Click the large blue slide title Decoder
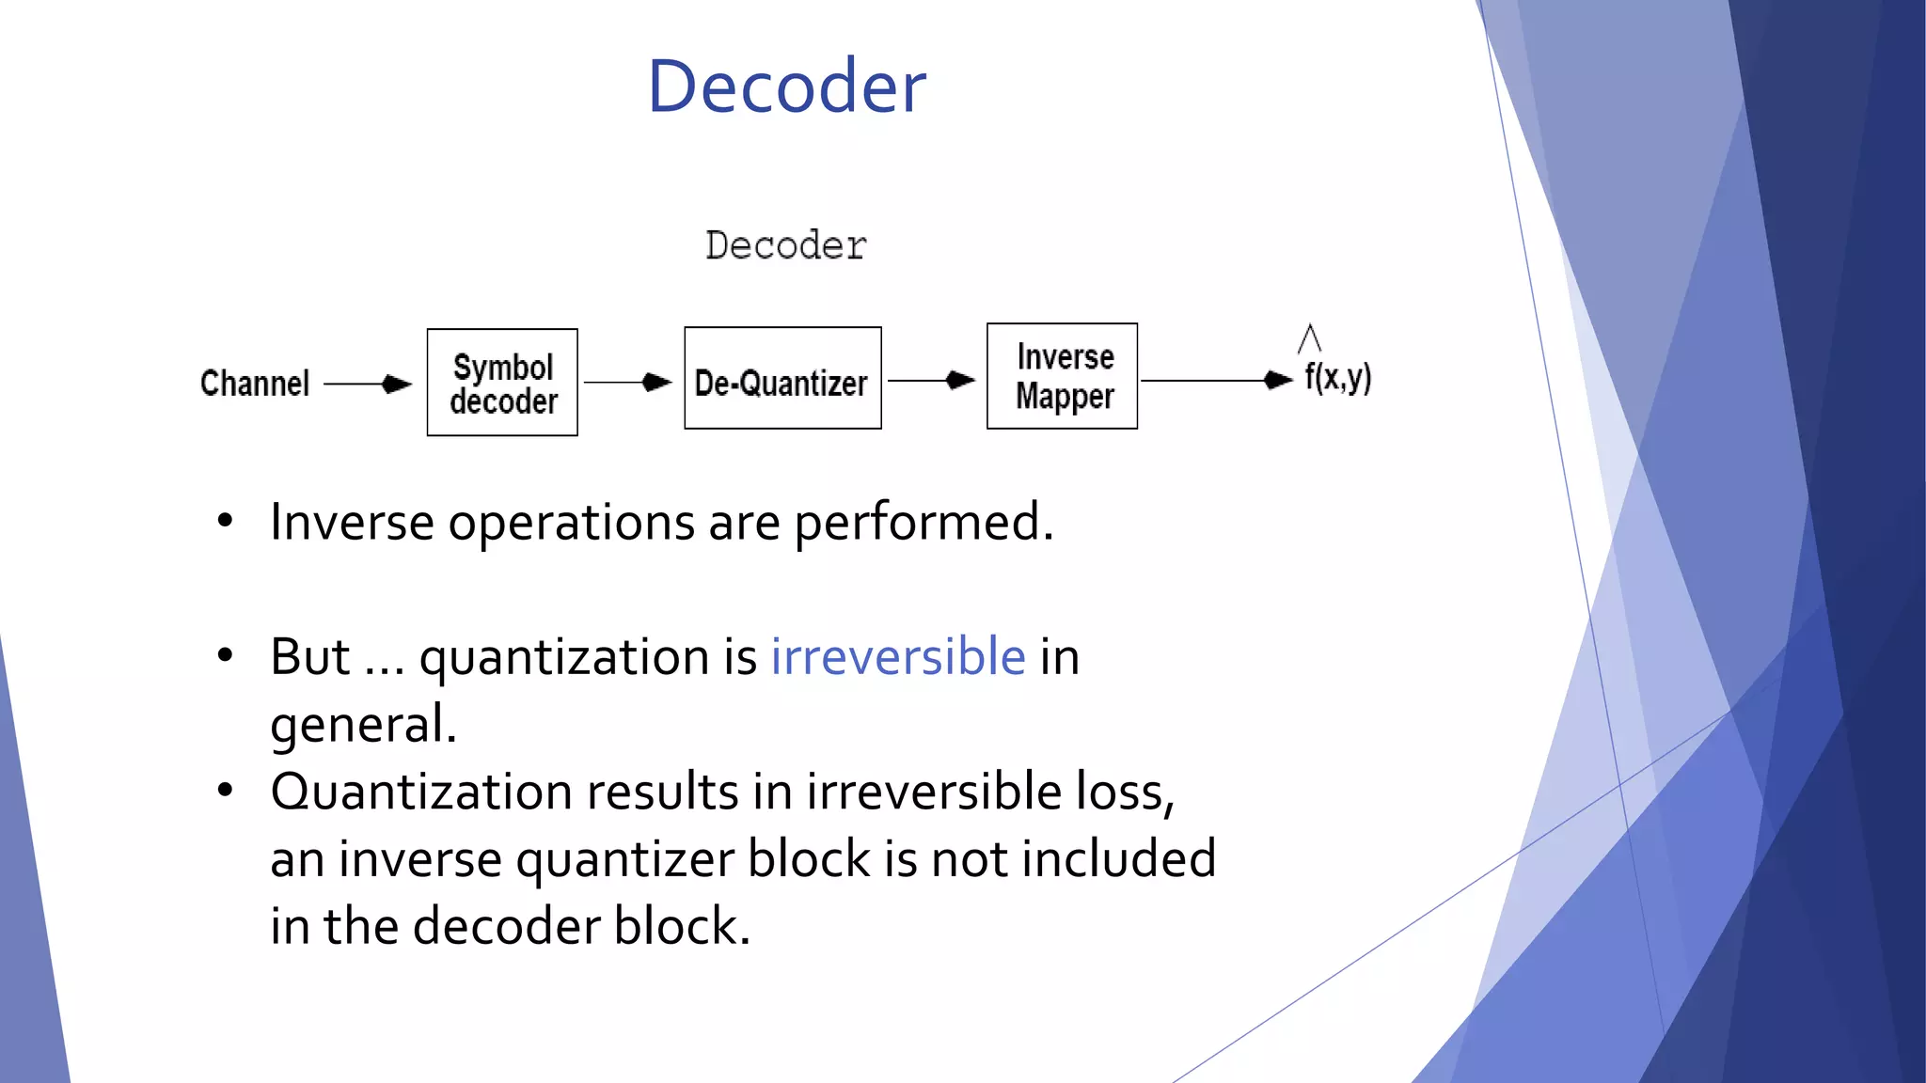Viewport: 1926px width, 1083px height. [786, 86]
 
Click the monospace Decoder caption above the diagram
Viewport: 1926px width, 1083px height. [786, 245]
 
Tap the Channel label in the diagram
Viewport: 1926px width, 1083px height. [254, 384]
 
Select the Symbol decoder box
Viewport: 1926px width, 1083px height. [502, 383]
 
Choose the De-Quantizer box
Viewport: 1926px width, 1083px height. [782, 379]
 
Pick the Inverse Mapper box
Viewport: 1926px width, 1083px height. [1063, 376]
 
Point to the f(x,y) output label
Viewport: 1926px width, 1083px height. [1337, 377]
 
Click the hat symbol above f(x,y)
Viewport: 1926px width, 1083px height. [1309, 337]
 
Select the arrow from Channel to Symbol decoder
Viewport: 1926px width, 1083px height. [368, 384]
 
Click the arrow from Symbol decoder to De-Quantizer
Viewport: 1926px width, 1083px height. [628, 382]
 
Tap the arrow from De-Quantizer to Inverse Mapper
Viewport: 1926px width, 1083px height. [932, 380]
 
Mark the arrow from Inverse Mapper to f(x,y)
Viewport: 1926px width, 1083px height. [1217, 380]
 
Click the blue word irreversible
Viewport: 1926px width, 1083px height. [898, 656]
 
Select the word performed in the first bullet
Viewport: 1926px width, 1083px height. [924, 523]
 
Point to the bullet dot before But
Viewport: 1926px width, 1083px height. [225, 655]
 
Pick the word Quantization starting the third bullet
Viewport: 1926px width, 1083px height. [421, 792]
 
